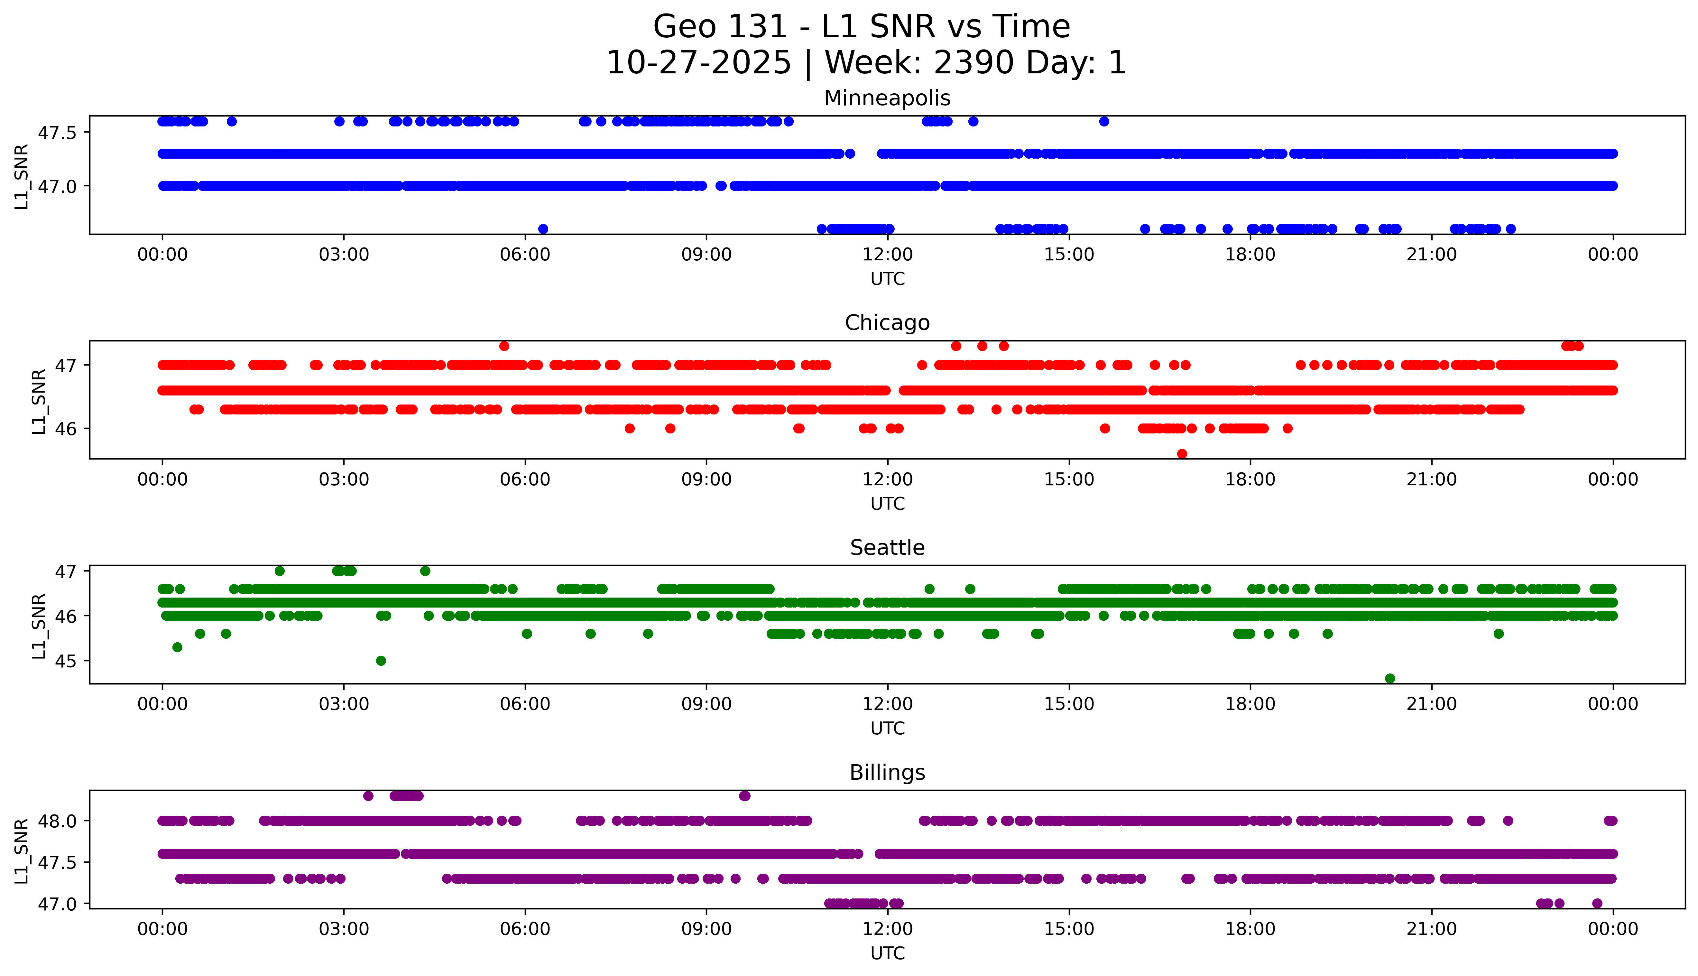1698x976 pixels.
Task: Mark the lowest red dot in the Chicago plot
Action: pyautogui.click(x=1182, y=454)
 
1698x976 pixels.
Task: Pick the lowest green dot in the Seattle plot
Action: pyautogui.click(x=1390, y=678)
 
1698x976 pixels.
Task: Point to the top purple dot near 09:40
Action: pyautogui.click(x=744, y=796)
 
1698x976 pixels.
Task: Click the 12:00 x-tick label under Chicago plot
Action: pyautogui.click(x=887, y=479)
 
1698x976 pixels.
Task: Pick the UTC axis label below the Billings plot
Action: pyautogui.click(x=887, y=953)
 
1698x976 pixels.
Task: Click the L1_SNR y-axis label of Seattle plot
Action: pyautogui.click(x=39, y=626)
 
